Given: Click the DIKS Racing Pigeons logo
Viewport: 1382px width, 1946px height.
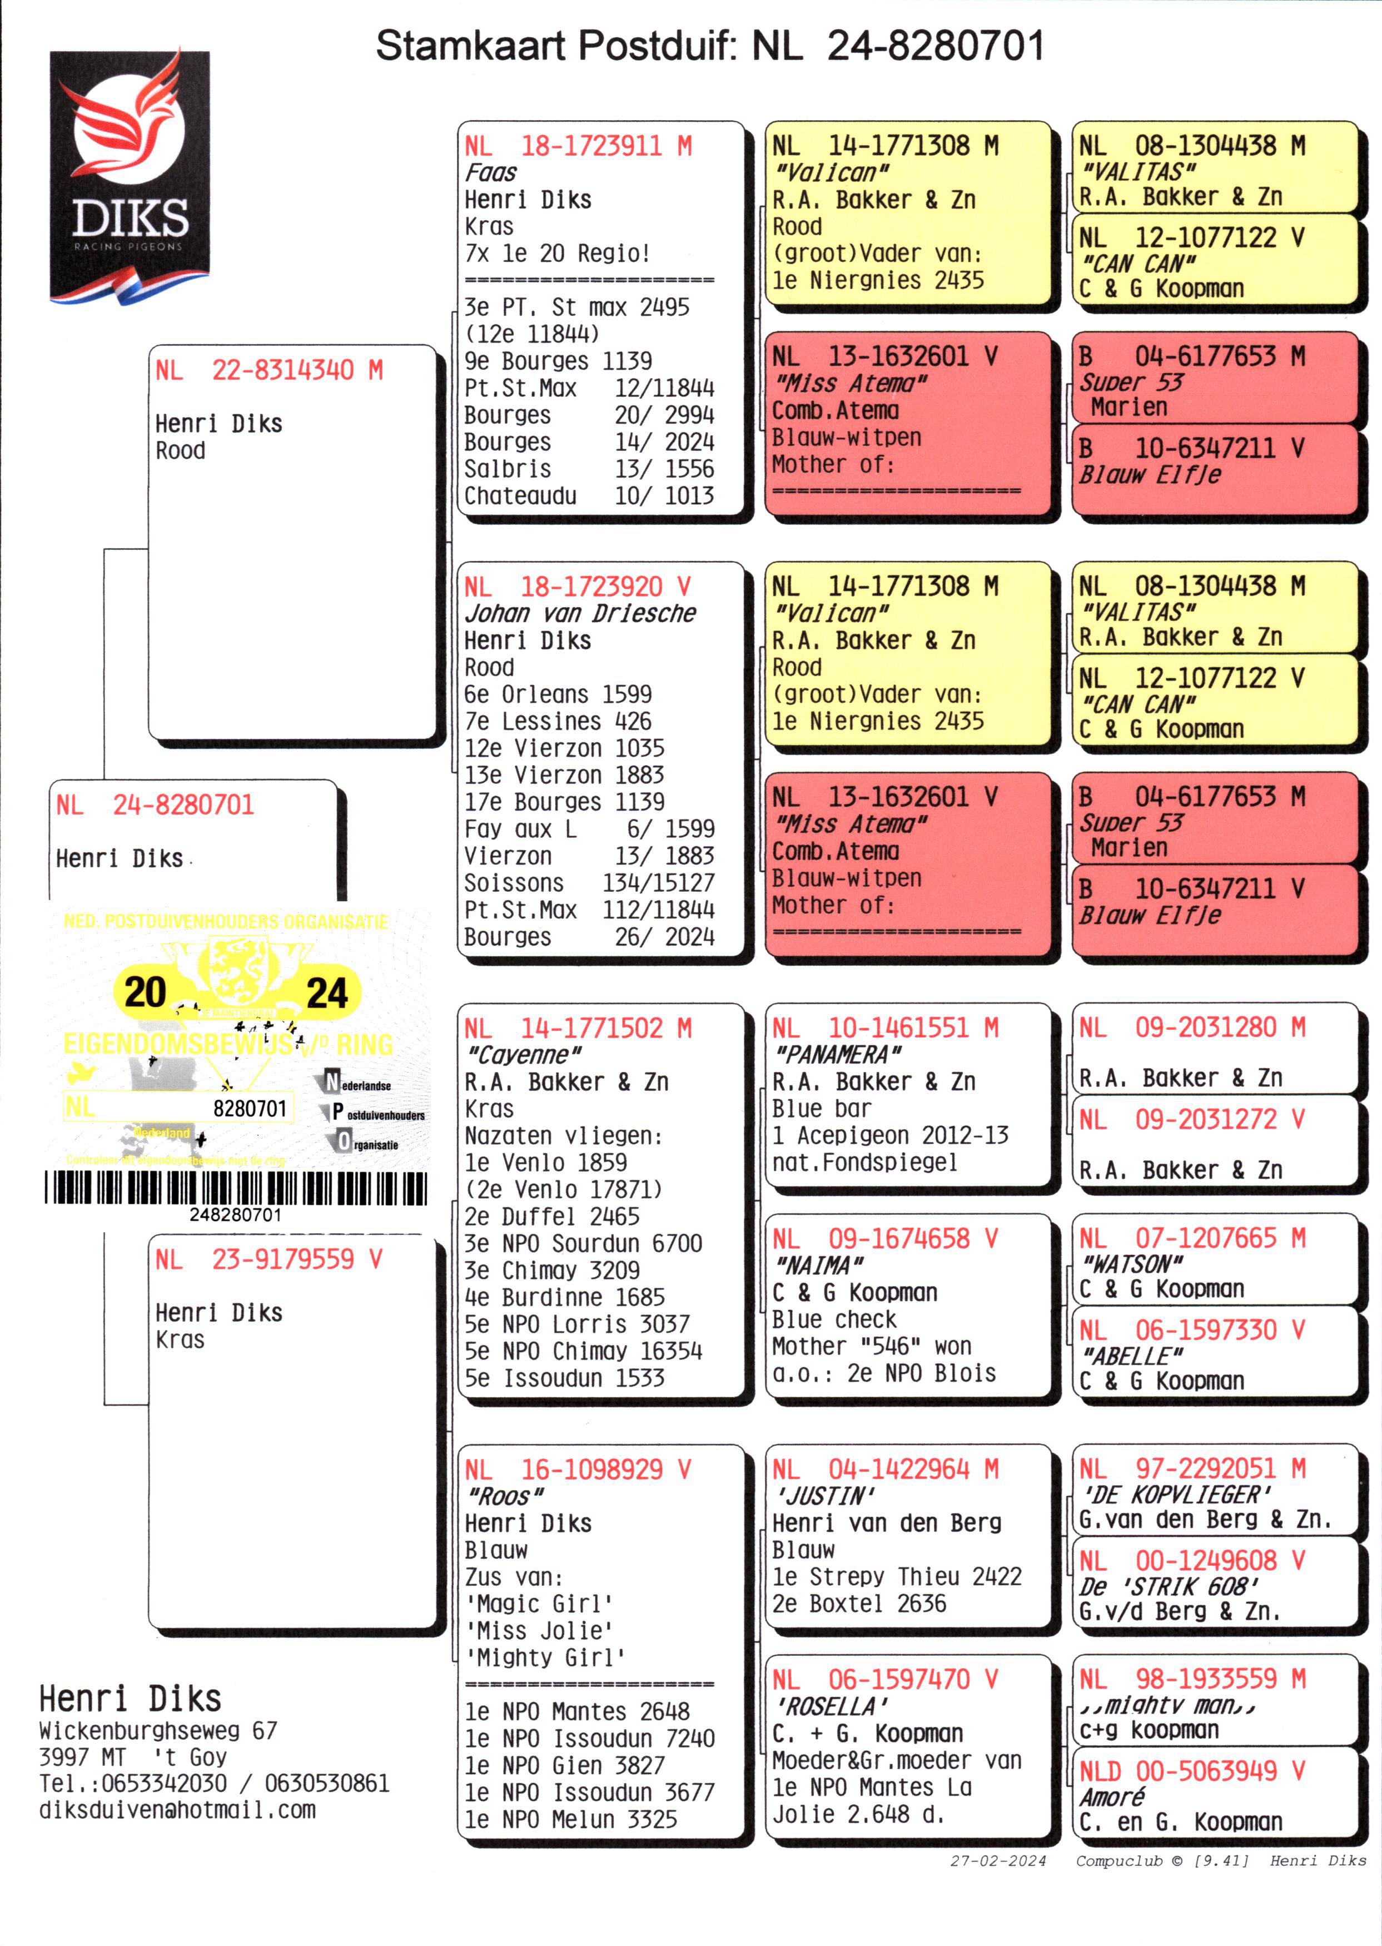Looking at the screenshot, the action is (130, 176).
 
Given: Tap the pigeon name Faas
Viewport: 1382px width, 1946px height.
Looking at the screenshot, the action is (490, 173).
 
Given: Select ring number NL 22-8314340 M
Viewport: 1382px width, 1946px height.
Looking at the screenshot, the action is (269, 370).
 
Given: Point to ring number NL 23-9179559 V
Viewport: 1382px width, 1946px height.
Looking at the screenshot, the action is (269, 1259).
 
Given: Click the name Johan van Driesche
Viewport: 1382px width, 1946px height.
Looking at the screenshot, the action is (580, 613).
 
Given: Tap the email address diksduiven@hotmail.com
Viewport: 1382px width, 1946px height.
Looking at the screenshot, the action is (177, 1810).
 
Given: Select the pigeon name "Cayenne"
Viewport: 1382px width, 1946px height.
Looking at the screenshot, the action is (523, 1055).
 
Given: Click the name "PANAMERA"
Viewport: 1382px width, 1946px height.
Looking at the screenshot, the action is (837, 1055).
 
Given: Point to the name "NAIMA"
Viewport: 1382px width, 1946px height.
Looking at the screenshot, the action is (818, 1265).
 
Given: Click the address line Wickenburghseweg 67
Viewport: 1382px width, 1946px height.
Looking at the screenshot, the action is (158, 1730).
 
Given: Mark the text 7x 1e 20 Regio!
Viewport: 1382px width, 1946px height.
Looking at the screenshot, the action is (558, 254).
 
